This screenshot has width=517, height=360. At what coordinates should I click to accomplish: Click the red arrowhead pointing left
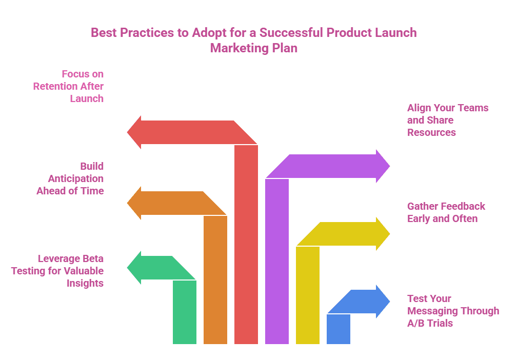tap(134, 133)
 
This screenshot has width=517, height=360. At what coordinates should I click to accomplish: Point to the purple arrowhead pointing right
tap(383, 166)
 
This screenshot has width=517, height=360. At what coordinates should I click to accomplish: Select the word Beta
tap(92, 258)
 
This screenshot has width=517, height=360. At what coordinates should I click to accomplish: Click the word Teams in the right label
tap(471, 108)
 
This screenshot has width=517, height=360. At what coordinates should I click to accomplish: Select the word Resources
tap(431, 132)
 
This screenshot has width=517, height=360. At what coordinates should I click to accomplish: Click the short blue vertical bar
tap(339, 329)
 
